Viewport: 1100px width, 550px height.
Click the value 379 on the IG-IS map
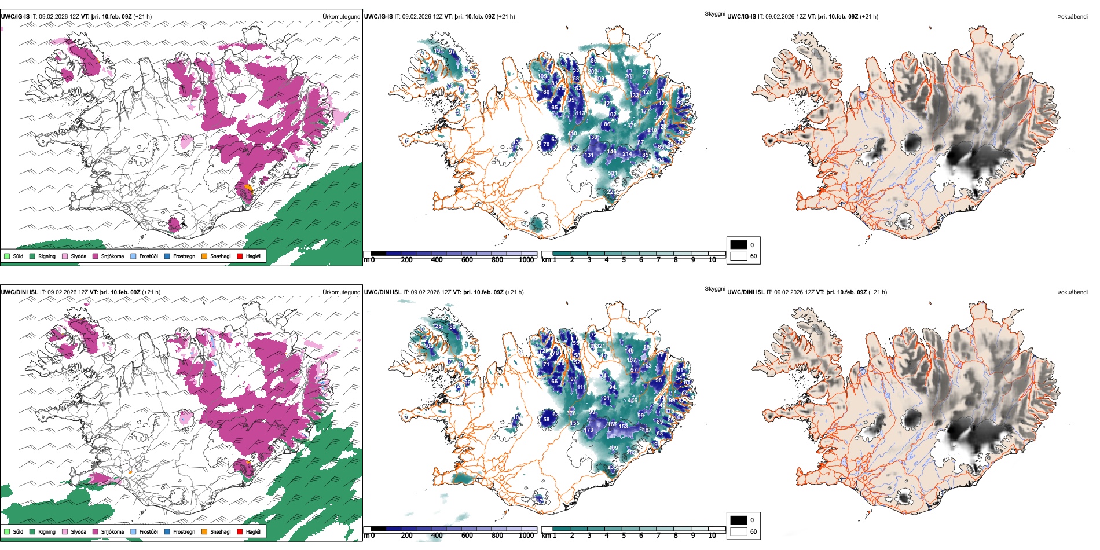click(632, 125)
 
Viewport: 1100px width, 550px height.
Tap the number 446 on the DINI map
click(632, 401)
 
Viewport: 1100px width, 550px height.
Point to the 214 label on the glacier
click(627, 154)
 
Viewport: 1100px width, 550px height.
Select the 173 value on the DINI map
click(589, 430)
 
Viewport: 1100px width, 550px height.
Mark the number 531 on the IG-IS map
click(613, 173)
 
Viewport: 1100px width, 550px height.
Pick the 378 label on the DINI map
click(571, 413)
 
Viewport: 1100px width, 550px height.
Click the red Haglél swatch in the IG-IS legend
click(240, 256)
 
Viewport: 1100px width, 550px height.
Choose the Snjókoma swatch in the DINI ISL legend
click(96, 531)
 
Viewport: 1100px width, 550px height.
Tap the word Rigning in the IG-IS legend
click(47, 256)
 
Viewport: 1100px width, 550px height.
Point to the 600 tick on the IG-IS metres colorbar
click(467, 260)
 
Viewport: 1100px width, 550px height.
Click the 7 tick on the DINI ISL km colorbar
click(658, 536)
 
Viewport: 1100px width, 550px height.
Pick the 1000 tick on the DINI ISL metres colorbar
click(526, 536)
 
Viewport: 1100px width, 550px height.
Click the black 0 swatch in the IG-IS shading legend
click(739, 245)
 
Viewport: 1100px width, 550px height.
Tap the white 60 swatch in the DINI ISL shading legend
click(739, 531)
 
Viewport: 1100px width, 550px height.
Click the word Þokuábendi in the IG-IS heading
click(1072, 17)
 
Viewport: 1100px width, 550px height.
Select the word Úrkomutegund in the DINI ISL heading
click(342, 292)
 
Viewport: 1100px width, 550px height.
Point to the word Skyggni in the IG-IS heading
click(715, 13)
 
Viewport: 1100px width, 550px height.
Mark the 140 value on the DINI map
click(629, 351)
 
